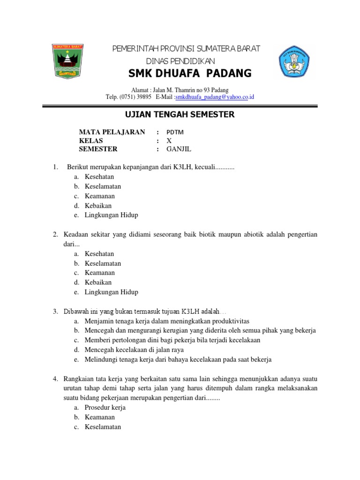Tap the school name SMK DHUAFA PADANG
point(190,74)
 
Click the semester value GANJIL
point(179,149)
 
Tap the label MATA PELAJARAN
point(112,132)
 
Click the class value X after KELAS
point(169,141)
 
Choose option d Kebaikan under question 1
point(98,205)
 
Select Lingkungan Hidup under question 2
point(112,292)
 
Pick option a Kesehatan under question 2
point(99,254)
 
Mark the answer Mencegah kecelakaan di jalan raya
point(134,350)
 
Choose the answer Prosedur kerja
point(105,407)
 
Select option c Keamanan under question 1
point(99,196)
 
